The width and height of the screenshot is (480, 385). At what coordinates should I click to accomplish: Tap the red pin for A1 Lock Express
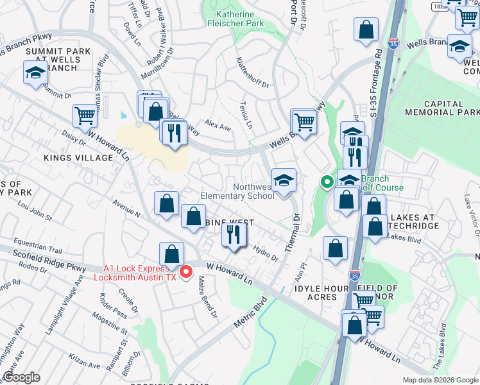[x=186, y=272]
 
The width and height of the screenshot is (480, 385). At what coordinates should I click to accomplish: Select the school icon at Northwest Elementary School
[x=283, y=180]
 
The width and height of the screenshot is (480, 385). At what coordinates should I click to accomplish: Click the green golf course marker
[x=327, y=183]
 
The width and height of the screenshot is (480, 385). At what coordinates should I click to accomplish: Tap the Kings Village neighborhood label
[x=78, y=157]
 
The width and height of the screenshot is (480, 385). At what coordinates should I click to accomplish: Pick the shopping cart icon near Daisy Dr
[x=84, y=116]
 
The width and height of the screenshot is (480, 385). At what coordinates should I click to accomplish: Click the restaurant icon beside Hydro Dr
[x=233, y=235]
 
